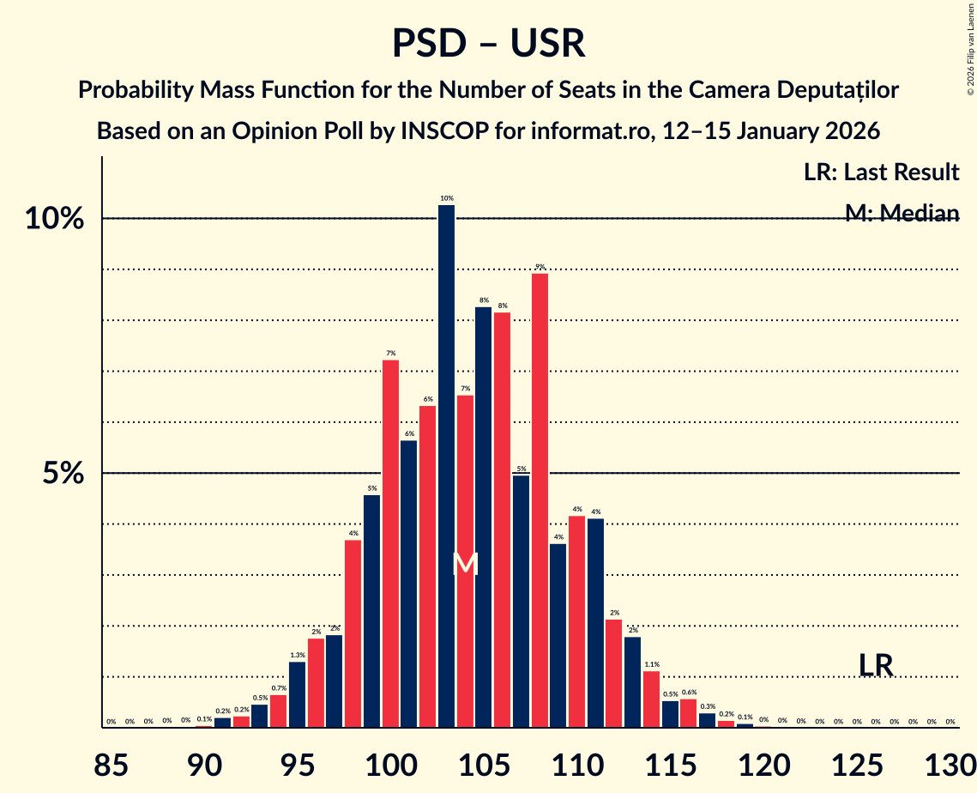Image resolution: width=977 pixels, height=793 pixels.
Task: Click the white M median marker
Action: (465, 564)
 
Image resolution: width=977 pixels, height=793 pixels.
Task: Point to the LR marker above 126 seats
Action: (877, 665)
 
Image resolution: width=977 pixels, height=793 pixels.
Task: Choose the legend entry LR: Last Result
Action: (881, 173)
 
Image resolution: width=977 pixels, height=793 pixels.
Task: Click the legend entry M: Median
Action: (902, 214)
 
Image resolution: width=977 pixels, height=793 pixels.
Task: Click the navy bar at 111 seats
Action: (595, 623)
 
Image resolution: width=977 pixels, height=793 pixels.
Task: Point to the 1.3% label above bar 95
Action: (297, 655)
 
